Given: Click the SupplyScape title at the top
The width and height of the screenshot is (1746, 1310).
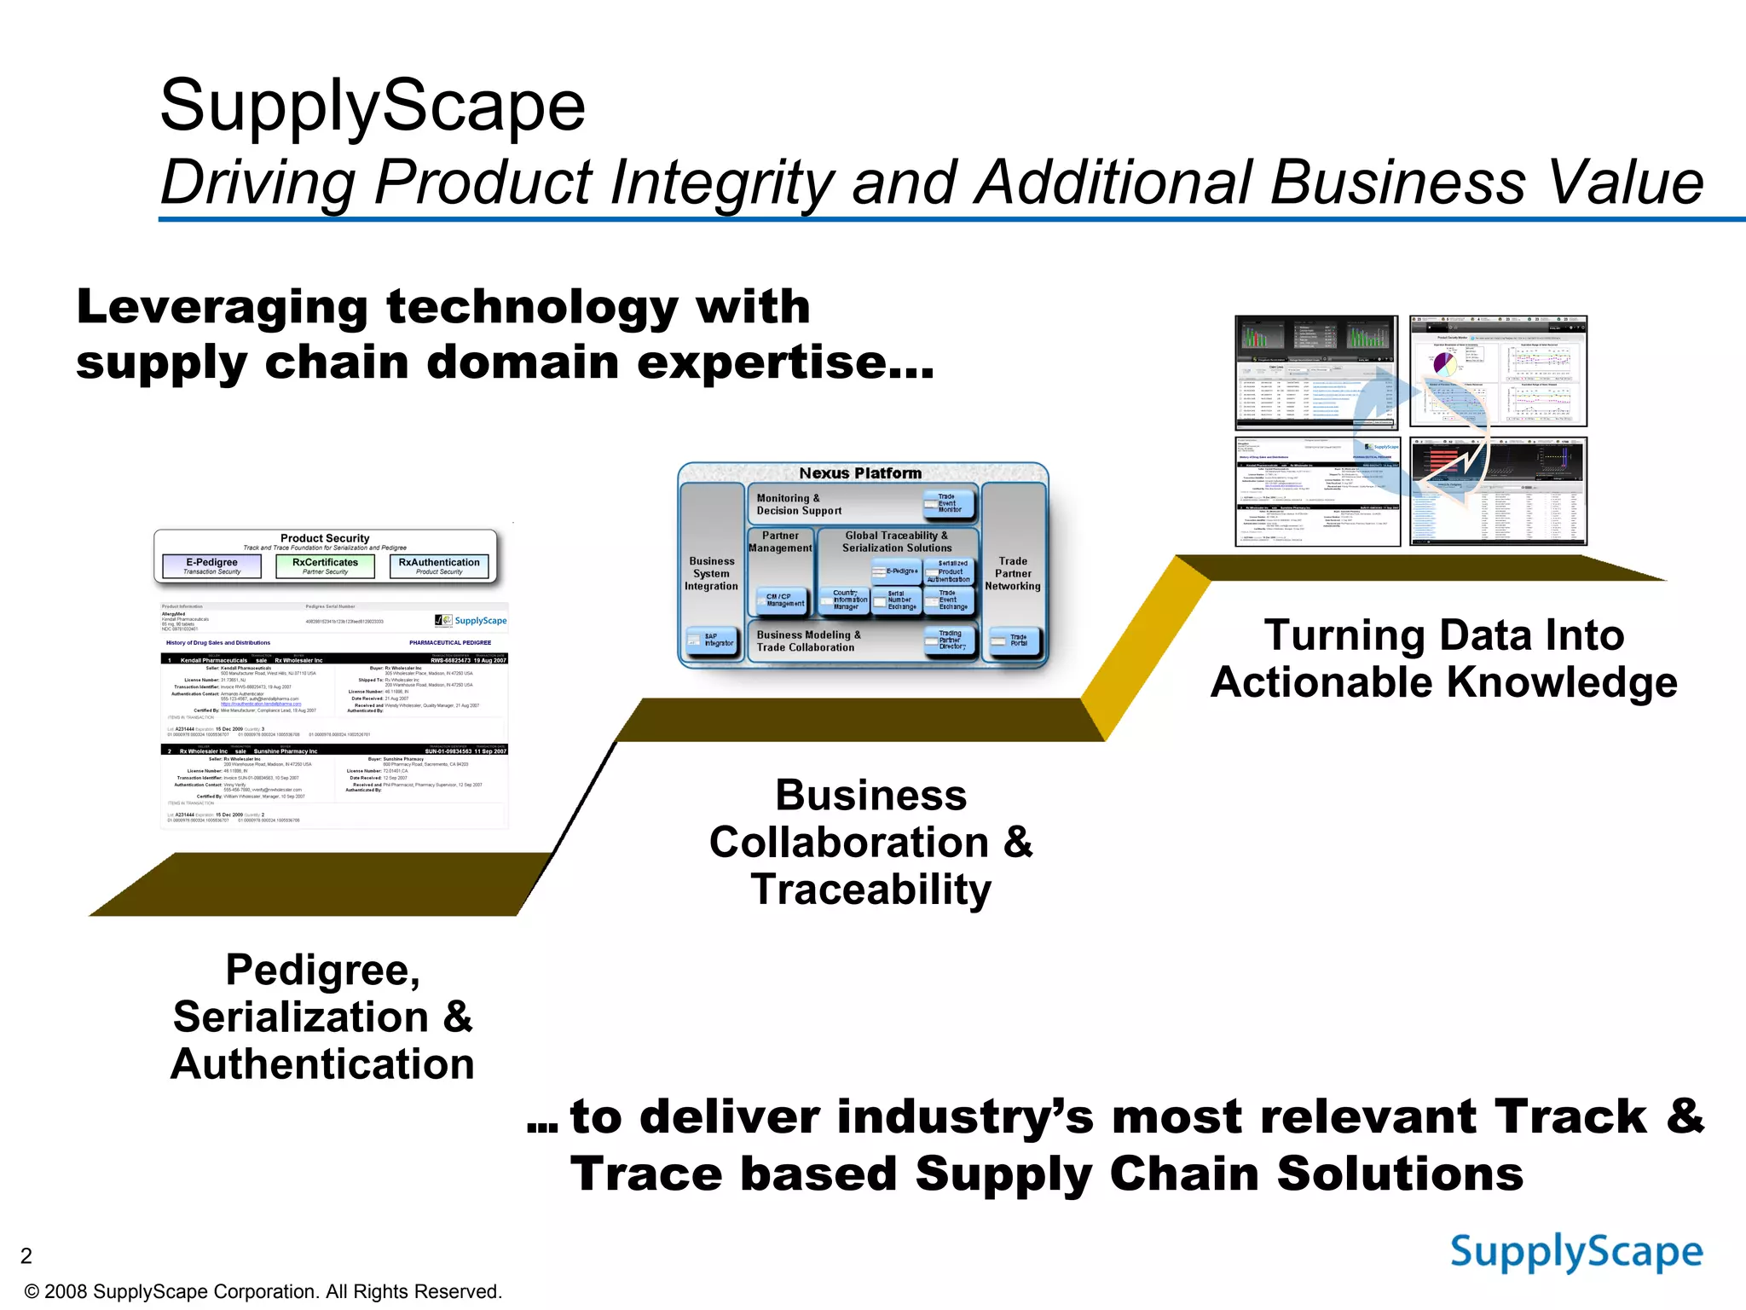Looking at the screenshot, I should [x=373, y=106].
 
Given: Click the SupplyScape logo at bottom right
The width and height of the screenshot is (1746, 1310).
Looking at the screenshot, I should [x=1575, y=1252].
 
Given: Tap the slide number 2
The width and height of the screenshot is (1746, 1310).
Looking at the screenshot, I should [x=26, y=1255].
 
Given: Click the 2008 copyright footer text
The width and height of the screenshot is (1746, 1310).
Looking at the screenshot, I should [x=263, y=1291].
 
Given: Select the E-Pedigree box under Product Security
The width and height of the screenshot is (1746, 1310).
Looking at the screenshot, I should [x=211, y=566].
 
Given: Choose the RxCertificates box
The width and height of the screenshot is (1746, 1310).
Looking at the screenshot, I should [x=325, y=566].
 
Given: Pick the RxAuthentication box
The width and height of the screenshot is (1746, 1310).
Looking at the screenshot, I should [x=439, y=566].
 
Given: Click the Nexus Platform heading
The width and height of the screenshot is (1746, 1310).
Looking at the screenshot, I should [x=860, y=473].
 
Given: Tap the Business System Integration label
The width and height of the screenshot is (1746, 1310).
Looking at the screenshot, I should [x=711, y=573].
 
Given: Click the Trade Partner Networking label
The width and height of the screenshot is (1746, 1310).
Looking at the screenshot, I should [x=1012, y=573].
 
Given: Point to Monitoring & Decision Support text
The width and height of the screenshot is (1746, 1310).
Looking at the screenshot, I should [x=799, y=504].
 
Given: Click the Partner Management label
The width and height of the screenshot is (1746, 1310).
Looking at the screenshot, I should [x=780, y=542].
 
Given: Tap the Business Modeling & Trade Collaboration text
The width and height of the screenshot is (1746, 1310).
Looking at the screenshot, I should [x=807, y=641].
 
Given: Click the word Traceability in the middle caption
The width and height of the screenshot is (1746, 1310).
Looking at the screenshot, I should [x=870, y=889].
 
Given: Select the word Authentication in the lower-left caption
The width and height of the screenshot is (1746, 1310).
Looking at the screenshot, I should [x=322, y=1064].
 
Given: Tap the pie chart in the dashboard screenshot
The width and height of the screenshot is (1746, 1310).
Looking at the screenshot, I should [x=1445, y=363].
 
